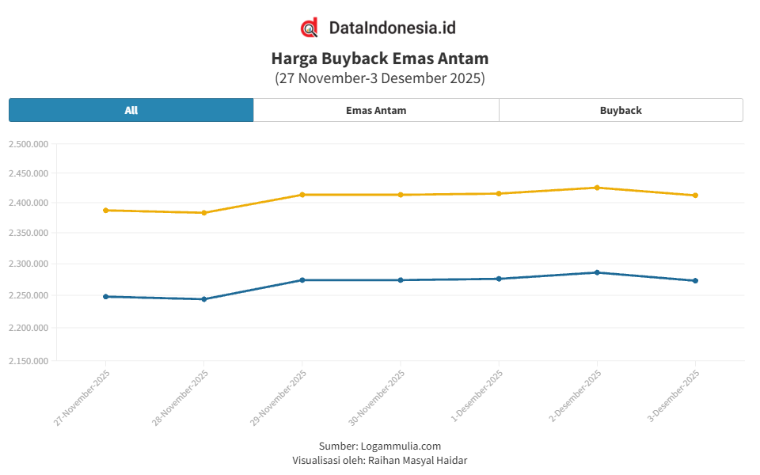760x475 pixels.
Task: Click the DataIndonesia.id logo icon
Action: (x=310, y=28)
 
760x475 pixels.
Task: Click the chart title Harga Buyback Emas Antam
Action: (x=379, y=58)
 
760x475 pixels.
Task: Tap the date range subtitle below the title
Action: (x=379, y=78)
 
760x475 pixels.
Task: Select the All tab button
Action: (x=131, y=110)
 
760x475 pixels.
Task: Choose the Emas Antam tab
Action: (x=376, y=110)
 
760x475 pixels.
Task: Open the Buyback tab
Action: (x=621, y=110)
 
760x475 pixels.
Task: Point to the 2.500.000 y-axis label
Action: (x=28, y=144)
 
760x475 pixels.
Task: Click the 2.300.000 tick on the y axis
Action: (x=28, y=264)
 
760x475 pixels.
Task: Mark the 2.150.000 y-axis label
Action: (x=28, y=361)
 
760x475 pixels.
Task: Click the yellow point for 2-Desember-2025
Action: (x=597, y=188)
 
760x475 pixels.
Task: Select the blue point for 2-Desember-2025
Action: (x=597, y=272)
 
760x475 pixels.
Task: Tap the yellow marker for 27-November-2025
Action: (x=105, y=211)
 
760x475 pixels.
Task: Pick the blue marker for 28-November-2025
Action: (x=203, y=299)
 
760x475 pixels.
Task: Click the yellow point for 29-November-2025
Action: (x=302, y=195)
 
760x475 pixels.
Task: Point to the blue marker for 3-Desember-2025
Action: (x=695, y=280)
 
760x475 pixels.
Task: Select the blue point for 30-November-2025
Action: (x=401, y=280)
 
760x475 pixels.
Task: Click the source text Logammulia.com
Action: (x=401, y=446)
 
